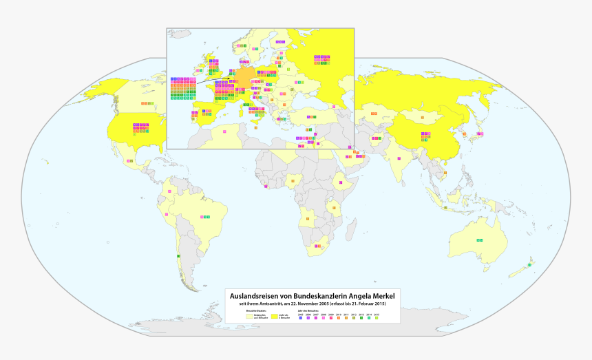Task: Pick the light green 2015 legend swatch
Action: tap(377, 317)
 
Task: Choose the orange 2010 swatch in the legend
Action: tap(339, 317)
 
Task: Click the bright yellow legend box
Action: tap(274, 317)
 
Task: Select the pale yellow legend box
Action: tap(250, 317)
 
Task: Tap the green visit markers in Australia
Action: tap(480, 240)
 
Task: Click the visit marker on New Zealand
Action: tap(529, 265)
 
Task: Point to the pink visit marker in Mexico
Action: tap(129, 160)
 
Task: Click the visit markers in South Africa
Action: tap(317, 246)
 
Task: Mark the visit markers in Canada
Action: tap(147, 103)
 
